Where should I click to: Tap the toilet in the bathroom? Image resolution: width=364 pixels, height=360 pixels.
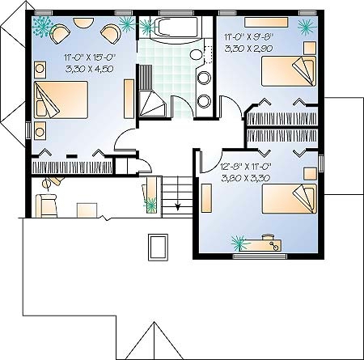point(198,54)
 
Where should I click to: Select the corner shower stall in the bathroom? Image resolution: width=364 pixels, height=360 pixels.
point(151,104)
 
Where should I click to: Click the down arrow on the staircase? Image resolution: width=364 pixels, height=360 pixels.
point(178,193)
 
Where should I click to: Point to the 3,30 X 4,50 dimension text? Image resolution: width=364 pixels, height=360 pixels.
point(89,69)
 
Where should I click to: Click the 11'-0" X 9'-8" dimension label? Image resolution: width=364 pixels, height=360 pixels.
point(249,36)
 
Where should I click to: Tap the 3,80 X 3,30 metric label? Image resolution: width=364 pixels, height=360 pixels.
point(245,178)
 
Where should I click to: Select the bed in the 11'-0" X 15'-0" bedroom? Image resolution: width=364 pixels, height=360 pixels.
point(61,100)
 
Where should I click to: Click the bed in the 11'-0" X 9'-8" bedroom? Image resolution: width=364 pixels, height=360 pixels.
point(289,71)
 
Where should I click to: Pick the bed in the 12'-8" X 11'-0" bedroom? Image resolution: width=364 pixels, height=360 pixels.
point(290,199)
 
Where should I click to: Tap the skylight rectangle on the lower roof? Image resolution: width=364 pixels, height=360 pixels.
point(158,248)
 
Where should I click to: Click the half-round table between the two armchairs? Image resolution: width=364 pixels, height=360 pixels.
point(83,22)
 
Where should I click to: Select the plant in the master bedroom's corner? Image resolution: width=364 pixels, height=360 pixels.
point(42,26)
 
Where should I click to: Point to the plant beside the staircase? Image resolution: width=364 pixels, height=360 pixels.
point(151,205)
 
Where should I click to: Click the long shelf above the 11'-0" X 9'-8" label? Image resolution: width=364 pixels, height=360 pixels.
point(266,22)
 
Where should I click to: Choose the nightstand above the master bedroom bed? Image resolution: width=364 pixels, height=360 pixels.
point(40,70)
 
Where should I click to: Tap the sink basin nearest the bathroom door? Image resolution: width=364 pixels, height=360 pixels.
point(204,101)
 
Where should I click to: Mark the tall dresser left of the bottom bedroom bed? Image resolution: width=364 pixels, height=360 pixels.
point(206,198)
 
